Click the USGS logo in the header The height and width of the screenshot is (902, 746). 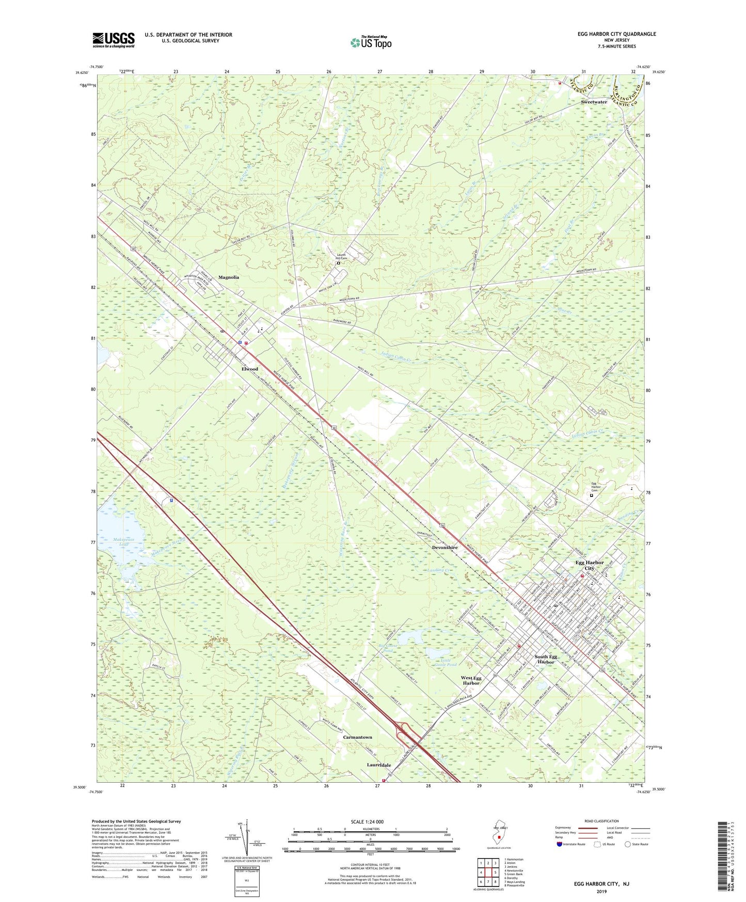pyautogui.click(x=114, y=40)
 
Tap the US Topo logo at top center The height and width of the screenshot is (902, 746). pyautogui.click(x=371, y=42)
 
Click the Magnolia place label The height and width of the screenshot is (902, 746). pyautogui.click(x=229, y=277)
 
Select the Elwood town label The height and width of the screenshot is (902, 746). pyautogui.click(x=250, y=369)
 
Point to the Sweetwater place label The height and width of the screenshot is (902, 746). pyautogui.click(x=594, y=102)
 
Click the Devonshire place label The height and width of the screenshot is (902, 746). pyautogui.click(x=445, y=548)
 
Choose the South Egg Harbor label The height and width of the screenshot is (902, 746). pyautogui.click(x=546, y=659)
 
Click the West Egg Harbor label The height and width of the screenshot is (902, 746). pyautogui.click(x=471, y=680)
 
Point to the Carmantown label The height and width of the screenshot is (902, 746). pyautogui.click(x=357, y=737)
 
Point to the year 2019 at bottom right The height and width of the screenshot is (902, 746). pyautogui.click(x=601, y=891)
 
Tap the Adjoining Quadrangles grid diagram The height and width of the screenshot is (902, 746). pyautogui.click(x=488, y=873)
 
